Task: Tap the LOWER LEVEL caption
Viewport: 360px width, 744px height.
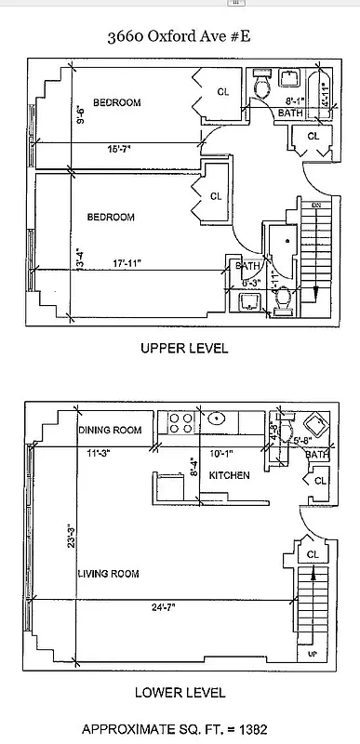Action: tap(180, 692)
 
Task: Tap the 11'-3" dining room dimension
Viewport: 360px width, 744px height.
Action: tap(95, 455)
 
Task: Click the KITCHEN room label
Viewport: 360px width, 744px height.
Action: tap(229, 475)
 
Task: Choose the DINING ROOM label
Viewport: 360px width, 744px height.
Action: tap(110, 430)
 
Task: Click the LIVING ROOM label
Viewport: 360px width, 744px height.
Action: tap(108, 574)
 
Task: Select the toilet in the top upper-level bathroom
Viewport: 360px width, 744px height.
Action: tap(263, 87)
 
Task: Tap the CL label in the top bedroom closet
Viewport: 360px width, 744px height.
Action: tap(223, 91)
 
